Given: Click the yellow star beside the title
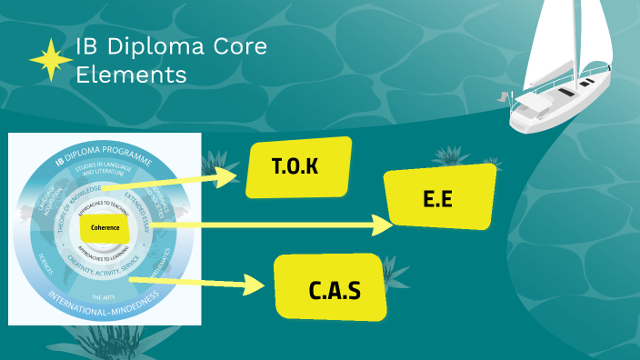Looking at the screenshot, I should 51,61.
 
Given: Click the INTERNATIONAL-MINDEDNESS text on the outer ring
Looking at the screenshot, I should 103,297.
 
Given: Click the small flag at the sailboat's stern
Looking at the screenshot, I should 503,95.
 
